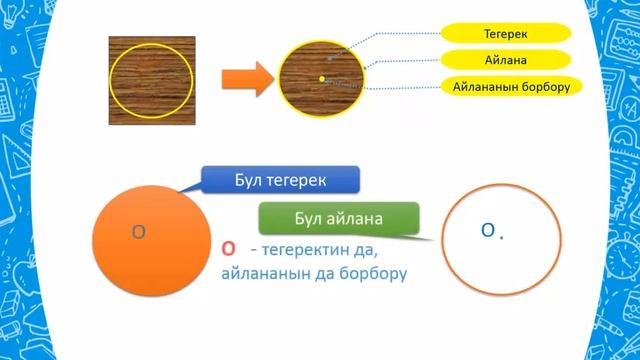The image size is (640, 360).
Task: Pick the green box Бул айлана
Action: click(339, 218)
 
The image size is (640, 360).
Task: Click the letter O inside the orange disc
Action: click(140, 232)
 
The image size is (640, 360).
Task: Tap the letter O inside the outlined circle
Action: click(488, 231)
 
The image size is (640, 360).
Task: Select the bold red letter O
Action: click(228, 249)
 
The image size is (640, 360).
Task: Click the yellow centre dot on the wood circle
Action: click(322, 76)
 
